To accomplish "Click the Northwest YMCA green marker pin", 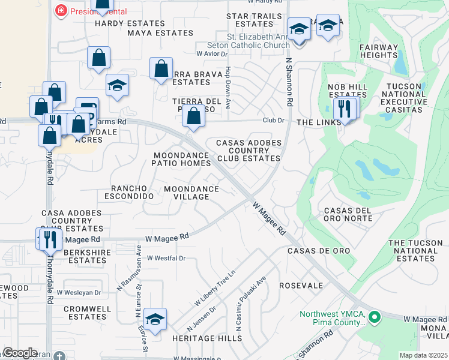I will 375,316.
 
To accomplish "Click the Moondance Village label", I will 191,193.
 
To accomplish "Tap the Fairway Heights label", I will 379,51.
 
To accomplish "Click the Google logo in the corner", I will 20,353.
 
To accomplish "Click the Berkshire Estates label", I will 87,256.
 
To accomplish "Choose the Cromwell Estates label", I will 87,313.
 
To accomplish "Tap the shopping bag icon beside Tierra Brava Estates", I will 161,70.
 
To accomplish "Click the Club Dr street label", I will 273,121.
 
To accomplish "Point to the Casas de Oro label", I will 310,250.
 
